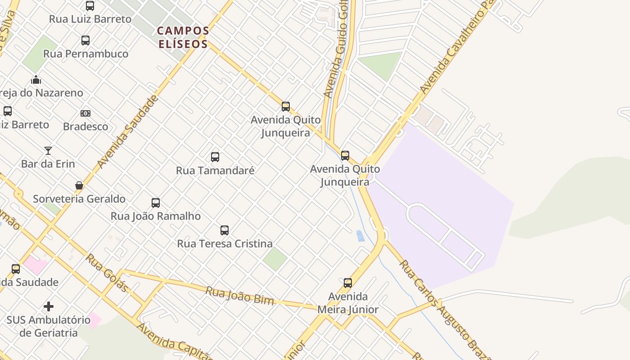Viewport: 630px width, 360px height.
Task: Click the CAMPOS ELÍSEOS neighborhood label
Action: (x=183, y=37)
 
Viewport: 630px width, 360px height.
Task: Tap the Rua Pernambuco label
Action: (x=85, y=54)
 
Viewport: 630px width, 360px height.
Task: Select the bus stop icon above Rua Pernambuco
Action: (x=85, y=40)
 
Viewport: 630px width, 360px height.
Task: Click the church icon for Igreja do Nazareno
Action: (x=36, y=80)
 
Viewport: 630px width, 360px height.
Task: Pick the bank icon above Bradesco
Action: (x=85, y=113)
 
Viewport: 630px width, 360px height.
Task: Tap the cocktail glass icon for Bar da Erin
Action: (x=48, y=150)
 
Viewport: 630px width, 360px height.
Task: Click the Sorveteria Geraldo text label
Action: (x=79, y=198)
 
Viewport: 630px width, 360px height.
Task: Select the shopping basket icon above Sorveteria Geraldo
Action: (x=79, y=185)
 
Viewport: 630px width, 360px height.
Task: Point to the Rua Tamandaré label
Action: (x=215, y=171)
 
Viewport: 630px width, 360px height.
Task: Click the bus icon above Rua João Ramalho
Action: (x=156, y=203)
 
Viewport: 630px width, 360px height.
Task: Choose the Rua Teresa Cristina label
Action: (x=225, y=243)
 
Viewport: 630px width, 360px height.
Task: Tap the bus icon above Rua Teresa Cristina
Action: (x=225, y=230)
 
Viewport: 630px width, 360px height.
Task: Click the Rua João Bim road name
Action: (x=239, y=295)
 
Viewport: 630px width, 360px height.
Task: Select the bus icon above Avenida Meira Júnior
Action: (x=348, y=283)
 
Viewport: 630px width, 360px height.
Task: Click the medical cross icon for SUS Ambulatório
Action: (x=49, y=307)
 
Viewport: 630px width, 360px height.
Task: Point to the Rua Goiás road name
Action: (x=107, y=272)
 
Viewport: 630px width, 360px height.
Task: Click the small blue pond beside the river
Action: (x=360, y=236)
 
